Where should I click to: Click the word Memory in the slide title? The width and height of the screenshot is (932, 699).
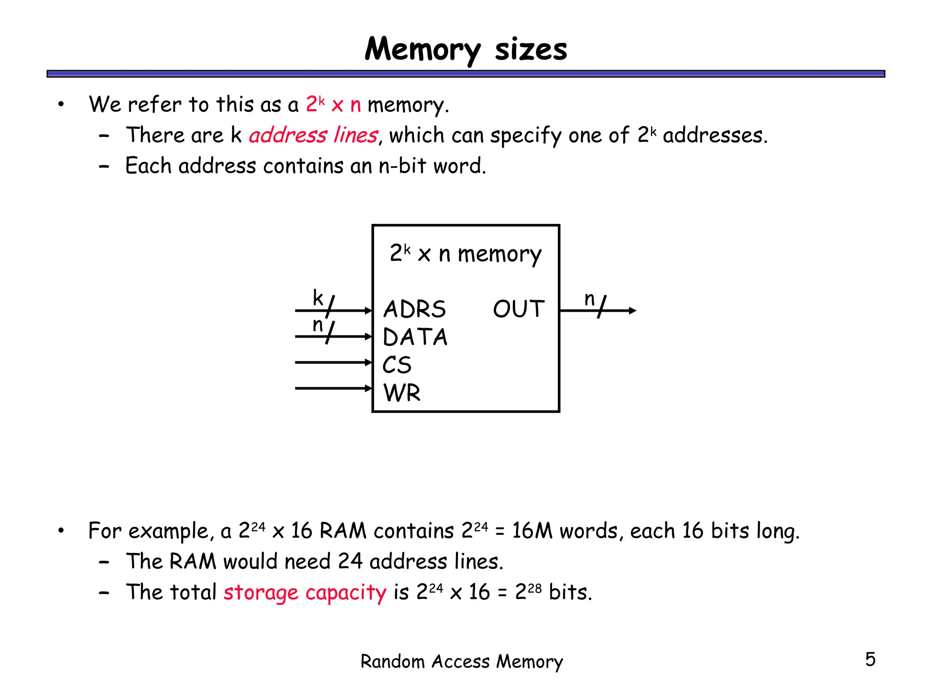click(422, 49)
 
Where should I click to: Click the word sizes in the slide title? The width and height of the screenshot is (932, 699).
click(531, 49)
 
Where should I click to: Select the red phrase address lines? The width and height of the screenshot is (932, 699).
click(313, 135)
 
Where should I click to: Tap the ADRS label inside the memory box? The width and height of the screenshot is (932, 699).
click(414, 309)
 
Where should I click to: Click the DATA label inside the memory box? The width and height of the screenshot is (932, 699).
click(415, 337)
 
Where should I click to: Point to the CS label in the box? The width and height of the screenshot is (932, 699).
click(397, 365)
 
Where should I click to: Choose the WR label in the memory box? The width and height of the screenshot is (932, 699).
click(402, 393)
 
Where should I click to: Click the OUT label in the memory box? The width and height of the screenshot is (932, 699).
click(519, 309)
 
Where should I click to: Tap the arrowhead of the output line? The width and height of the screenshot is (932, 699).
click(633, 311)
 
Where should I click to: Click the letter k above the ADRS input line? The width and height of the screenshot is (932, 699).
click(318, 298)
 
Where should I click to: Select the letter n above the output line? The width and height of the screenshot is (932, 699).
click(589, 299)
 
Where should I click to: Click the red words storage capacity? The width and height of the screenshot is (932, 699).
click(304, 593)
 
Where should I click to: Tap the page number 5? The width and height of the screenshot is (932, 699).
click(870, 659)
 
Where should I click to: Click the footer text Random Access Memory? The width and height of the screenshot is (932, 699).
click(461, 662)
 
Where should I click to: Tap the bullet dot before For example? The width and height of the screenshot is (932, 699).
click(61, 531)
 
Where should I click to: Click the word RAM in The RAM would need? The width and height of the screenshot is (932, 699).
click(192, 562)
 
